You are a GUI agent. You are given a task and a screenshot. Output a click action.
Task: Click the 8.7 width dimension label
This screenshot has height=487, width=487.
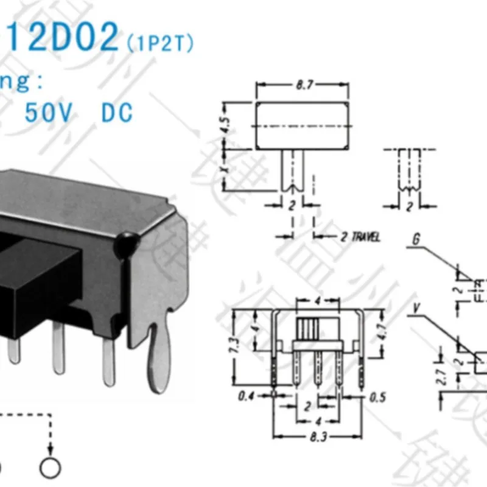[x=303, y=86]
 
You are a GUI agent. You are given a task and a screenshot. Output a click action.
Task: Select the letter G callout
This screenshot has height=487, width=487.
[x=415, y=239]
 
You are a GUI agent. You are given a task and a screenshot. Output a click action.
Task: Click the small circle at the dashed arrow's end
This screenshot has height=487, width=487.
[x=51, y=467]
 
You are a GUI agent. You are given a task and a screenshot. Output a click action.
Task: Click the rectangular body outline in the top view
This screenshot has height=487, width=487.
[x=303, y=127]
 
